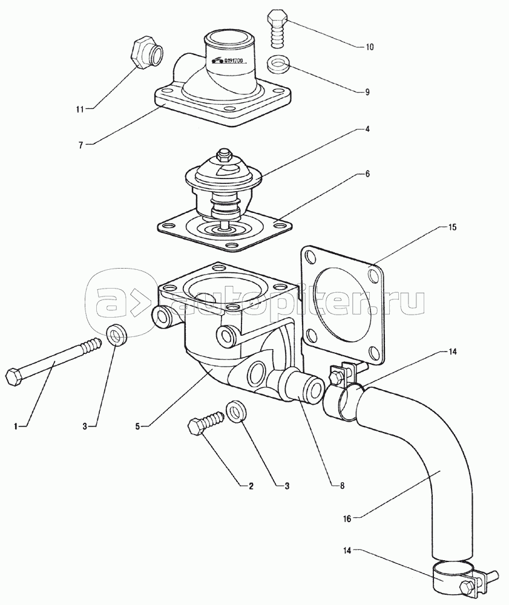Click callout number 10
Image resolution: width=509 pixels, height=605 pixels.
pyautogui.click(x=369, y=47)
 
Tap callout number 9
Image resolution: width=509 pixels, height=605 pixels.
pyautogui.click(x=367, y=92)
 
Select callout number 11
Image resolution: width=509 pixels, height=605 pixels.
pyautogui.click(x=80, y=109)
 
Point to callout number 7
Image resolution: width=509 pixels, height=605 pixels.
pyautogui.click(x=80, y=146)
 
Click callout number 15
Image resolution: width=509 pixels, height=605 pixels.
pyautogui.click(x=452, y=227)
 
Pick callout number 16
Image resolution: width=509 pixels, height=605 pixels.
pyautogui.click(x=347, y=519)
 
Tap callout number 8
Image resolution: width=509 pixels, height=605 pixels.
pyautogui.click(x=343, y=486)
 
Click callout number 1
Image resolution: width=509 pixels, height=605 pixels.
pyautogui.click(x=16, y=427)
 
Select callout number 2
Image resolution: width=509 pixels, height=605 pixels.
pyautogui.click(x=251, y=486)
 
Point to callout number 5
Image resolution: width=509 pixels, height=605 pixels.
pyautogui.click(x=137, y=427)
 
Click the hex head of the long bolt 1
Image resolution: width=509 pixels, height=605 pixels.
pyautogui.click(x=15, y=376)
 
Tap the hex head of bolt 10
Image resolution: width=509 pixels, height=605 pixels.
pyautogui.click(x=277, y=19)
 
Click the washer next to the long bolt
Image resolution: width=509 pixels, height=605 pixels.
pyautogui.click(x=117, y=334)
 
